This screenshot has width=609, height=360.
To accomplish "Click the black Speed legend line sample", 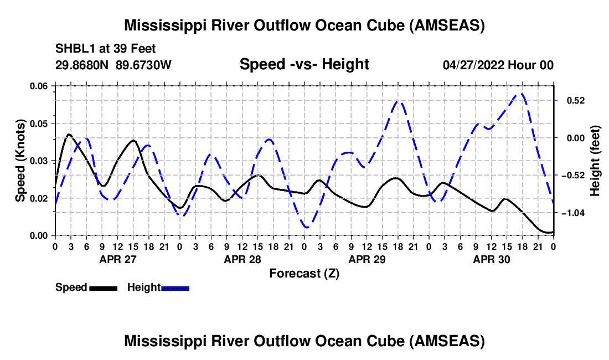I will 102,287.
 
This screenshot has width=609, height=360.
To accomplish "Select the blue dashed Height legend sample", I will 175,287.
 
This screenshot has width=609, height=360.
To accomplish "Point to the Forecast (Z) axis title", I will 304,273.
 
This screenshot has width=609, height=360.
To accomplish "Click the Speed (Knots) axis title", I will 20,160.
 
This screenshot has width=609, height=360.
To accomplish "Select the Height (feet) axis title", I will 595,161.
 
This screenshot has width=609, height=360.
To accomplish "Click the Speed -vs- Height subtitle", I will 304,64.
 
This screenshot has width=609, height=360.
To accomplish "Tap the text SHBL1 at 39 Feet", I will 106,48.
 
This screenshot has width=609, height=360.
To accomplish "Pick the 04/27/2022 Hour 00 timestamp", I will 498,65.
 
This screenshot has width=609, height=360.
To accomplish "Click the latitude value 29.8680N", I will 82,65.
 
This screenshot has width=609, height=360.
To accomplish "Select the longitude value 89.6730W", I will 144,65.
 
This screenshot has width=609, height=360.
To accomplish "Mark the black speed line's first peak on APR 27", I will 69,134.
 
